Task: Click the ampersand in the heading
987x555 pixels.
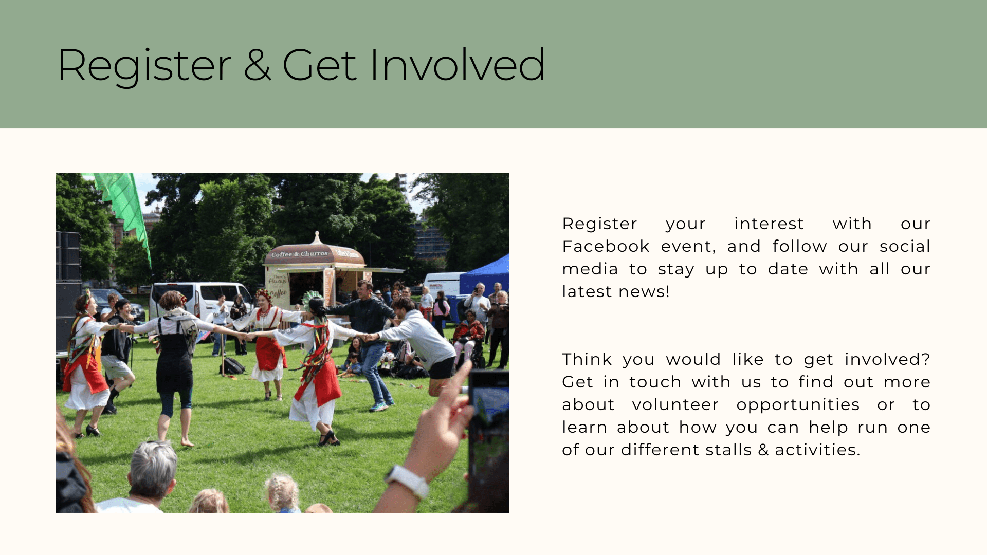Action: click(x=257, y=65)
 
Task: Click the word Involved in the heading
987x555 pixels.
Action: click(x=457, y=65)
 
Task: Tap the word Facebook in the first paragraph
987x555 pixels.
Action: click(x=606, y=246)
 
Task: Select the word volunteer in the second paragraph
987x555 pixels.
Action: click(x=675, y=404)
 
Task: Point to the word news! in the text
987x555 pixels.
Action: click(x=644, y=291)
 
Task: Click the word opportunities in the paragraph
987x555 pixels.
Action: click(x=798, y=405)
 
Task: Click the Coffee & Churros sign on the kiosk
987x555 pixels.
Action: click(x=300, y=254)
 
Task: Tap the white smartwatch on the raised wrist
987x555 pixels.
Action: click(x=407, y=480)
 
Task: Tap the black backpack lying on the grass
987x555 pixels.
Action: click(x=232, y=366)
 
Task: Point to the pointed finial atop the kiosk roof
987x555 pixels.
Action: click(x=317, y=237)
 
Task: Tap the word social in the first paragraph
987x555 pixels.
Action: click(x=905, y=246)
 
